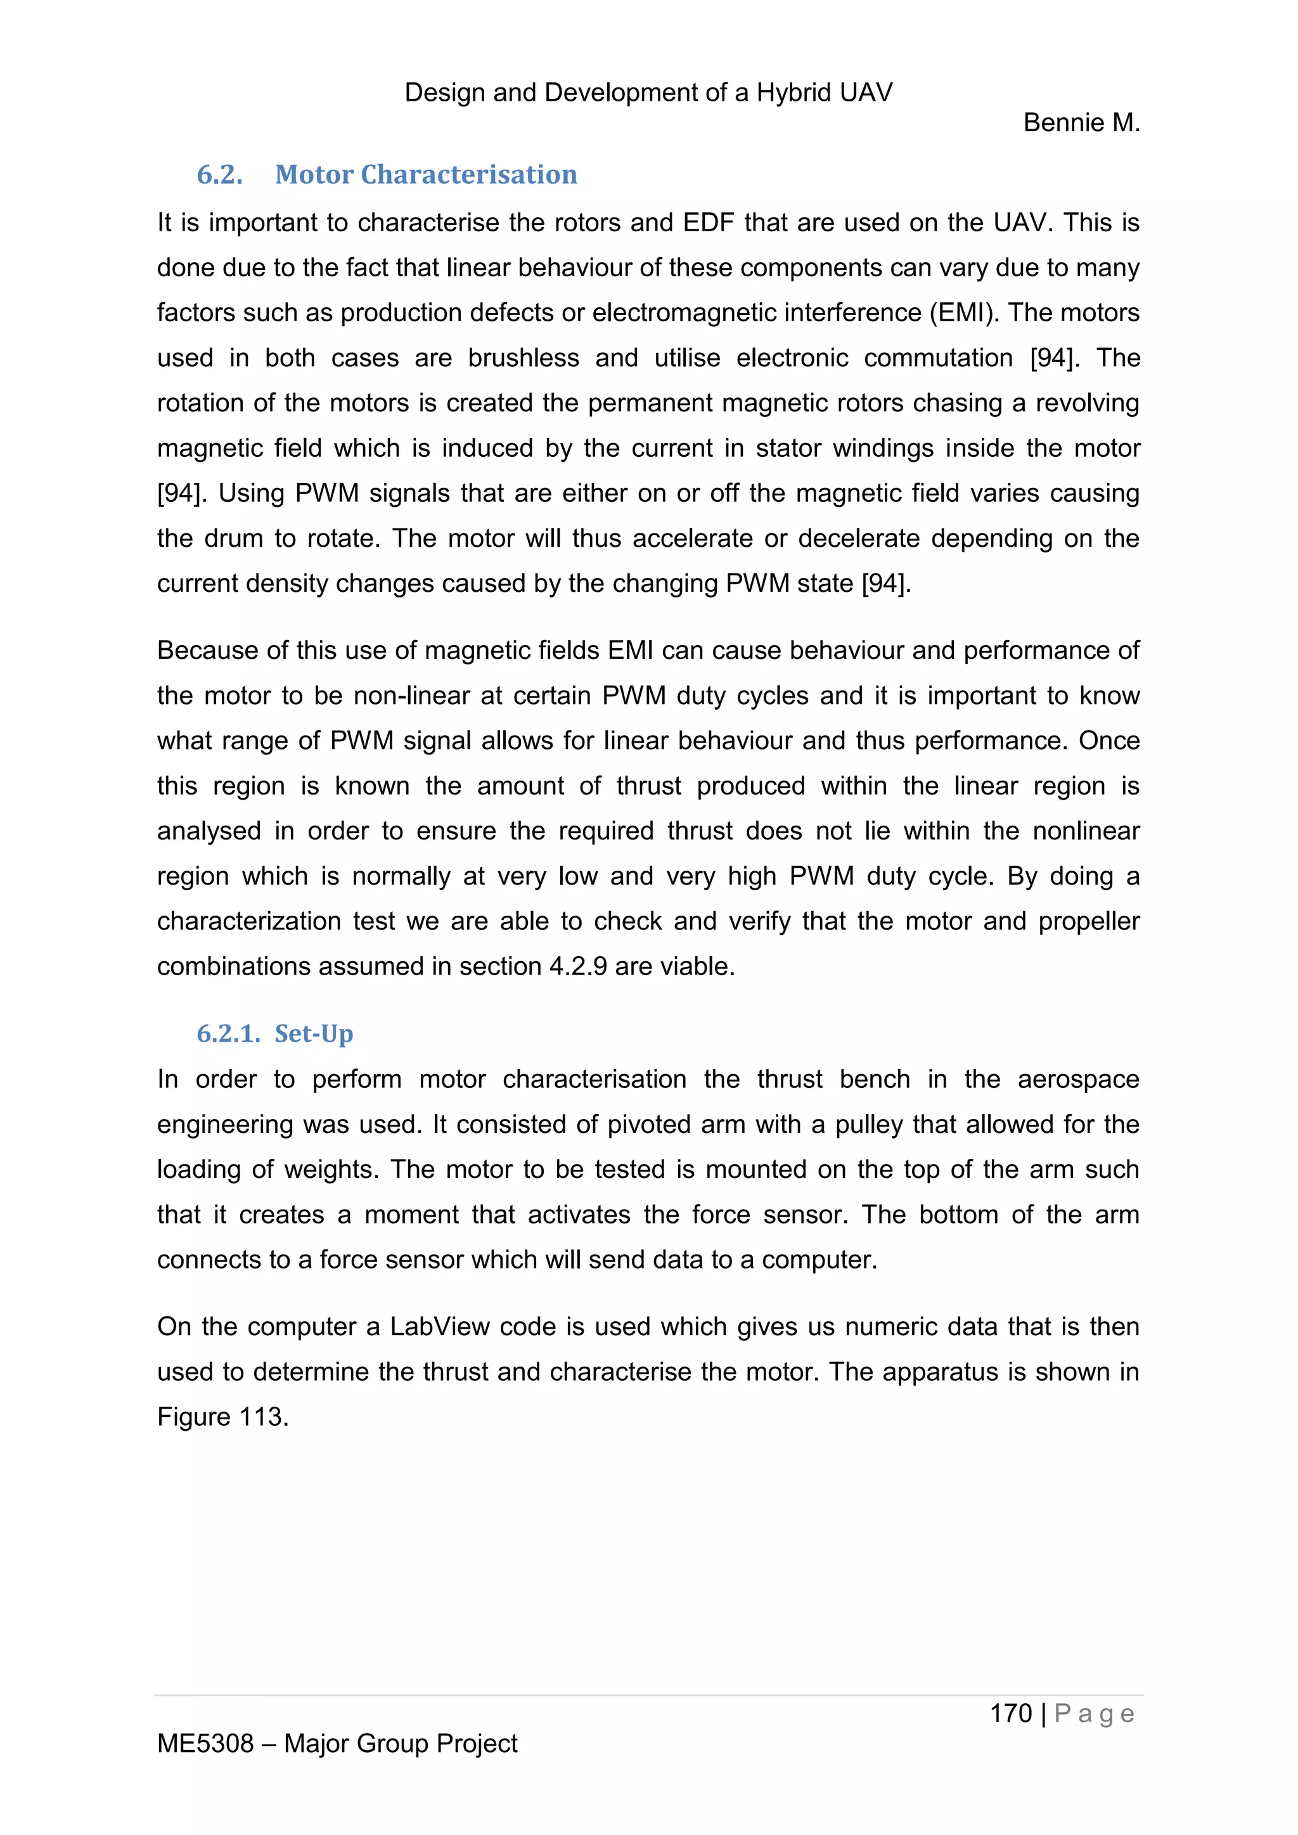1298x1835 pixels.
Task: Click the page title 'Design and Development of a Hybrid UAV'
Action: tap(648, 93)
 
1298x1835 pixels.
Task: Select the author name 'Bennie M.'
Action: tap(1081, 123)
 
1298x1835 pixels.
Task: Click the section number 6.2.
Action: tap(220, 174)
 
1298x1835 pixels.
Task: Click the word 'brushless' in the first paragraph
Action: tap(524, 357)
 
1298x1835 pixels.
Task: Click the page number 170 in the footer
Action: tap(1010, 1713)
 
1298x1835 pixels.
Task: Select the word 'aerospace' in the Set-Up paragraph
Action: tap(1077, 1079)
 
